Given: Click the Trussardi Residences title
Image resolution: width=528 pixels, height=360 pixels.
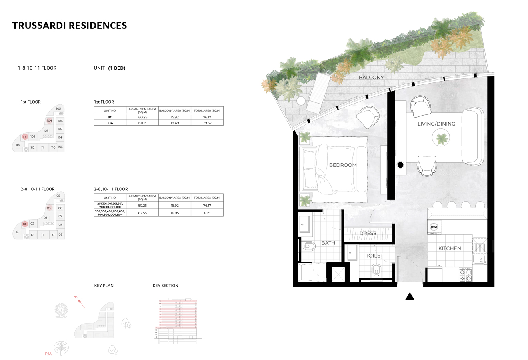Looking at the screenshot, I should pos(69,26).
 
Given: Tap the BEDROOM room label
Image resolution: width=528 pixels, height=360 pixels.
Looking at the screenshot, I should pos(342,165).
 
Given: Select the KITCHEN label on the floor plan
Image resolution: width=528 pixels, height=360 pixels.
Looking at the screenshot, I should pos(449,248).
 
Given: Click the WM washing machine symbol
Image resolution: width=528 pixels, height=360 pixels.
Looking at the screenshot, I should pos(434,227).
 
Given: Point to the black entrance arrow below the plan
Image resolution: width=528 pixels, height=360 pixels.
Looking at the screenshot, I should pos(409,296).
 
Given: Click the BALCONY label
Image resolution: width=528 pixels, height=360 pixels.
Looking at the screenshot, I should pos(371,78).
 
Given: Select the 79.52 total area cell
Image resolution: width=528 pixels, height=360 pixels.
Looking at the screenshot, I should pos(207,123).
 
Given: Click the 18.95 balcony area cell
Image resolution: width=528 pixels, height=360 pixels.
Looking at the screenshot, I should pos(174,213).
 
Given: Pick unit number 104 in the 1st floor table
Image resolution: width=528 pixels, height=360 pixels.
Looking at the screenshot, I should pos(110,123).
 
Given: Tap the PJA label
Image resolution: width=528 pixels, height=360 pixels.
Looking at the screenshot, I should pos(48,354).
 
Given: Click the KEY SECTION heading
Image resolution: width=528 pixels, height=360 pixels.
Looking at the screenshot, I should pos(165,286).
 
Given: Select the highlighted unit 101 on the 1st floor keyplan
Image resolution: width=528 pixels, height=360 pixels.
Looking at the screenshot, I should pos(24,137).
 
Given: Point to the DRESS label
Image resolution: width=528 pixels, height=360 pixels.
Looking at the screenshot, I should pos(367,233).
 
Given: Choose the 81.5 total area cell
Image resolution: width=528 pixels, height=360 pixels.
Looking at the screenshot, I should pos(207,213).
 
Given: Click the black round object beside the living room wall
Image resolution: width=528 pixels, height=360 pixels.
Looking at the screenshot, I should pos(400,164).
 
